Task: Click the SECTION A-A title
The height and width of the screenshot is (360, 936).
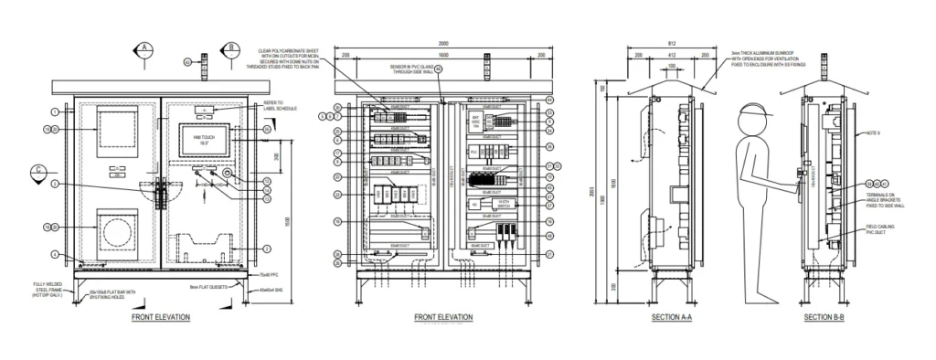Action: point(672,317)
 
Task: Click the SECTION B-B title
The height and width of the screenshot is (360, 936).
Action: point(824,317)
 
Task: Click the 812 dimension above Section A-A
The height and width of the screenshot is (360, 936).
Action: point(672,43)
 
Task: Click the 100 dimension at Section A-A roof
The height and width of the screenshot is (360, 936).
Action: point(672,66)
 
